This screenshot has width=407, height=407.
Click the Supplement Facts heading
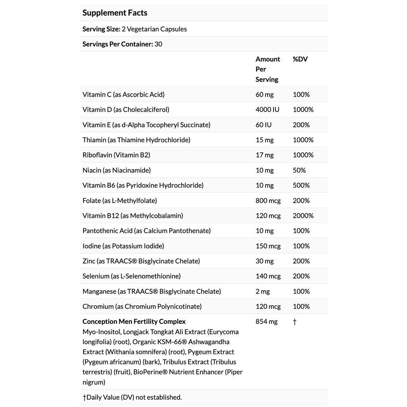click(x=115, y=13)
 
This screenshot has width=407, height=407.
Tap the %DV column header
click(x=300, y=59)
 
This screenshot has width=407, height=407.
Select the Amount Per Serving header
click(x=267, y=69)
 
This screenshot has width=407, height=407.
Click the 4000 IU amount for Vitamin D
click(x=267, y=110)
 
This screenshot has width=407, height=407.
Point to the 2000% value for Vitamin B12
click(x=303, y=216)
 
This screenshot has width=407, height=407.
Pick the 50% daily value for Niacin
click(x=299, y=170)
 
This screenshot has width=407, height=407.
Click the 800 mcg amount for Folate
click(x=268, y=201)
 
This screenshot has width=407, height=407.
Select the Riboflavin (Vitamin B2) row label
click(x=116, y=155)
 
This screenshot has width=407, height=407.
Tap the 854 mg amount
click(x=266, y=322)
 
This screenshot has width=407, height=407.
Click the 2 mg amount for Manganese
click(x=262, y=291)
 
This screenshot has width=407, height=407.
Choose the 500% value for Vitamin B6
click(x=301, y=185)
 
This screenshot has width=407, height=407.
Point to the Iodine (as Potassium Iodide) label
click(x=123, y=246)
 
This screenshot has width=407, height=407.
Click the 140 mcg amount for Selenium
click(x=268, y=276)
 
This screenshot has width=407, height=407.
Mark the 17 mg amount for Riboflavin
click(x=264, y=155)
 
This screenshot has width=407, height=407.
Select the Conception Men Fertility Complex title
click(x=134, y=322)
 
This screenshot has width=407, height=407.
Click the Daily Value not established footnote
click(x=132, y=397)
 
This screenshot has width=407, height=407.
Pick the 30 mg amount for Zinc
click(x=264, y=261)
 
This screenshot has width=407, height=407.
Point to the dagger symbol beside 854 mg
click(x=295, y=322)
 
